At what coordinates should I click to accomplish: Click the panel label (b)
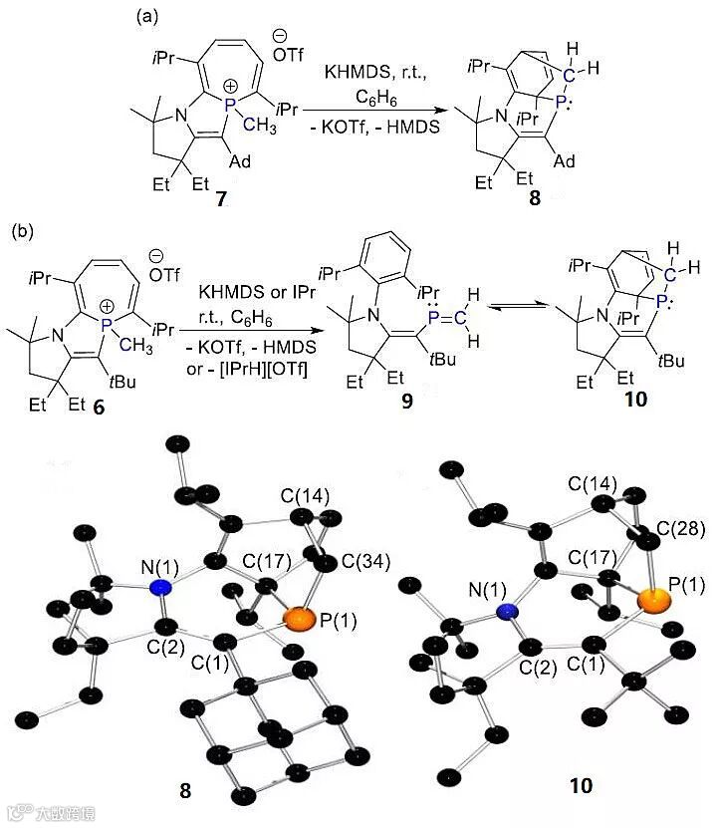(x=24, y=231)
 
